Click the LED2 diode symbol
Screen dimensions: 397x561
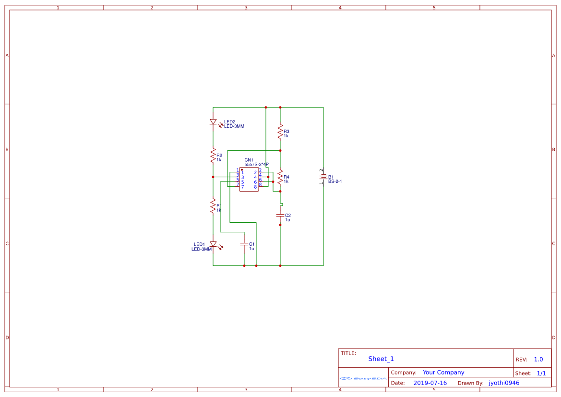pyautogui.click(x=213, y=122)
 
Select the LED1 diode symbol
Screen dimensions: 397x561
pyautogui.click(x=213, y=244)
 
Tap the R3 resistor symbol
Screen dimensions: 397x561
pyautogui.click(x=280, y=131)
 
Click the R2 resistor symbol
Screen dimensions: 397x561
pyautogui.click(x=213, y=156)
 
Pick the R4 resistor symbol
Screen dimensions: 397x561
pyautogui.click(x=280, y=177)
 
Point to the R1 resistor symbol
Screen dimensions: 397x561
pyautogui.click(x=213, y=206)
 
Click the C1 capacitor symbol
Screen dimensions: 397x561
pyautogui.click(x=244, y=244)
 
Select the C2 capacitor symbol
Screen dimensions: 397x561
pyautogui.click(x=280, y=216)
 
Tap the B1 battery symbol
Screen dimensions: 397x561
pyautogui.click(x=323, y=177)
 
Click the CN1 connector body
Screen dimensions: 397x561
pyautogui.click(x=249, y=180)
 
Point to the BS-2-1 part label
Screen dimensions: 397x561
pyautogui.click(x=335, y=181)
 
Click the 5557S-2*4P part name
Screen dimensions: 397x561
pyautogui.click(x=256, y=165)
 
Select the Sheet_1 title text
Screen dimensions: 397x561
pyautogui.click(x=381, y=359)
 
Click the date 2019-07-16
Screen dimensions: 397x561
pyautogui.click(x=430, y=383)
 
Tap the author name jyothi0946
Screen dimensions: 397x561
pyautogui.click(x=504, y=383)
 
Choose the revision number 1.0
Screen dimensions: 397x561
pyautogui.click(x=538, y=360)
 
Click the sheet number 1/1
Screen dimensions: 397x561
pyautogui.click(x=541, y=373)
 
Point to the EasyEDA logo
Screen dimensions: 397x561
pyautogui.click(x=363, y=378)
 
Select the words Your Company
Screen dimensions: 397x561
pyautogui.click(x=443, y=373)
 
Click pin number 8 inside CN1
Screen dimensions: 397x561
pyautogui.click(x=255, y=187)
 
